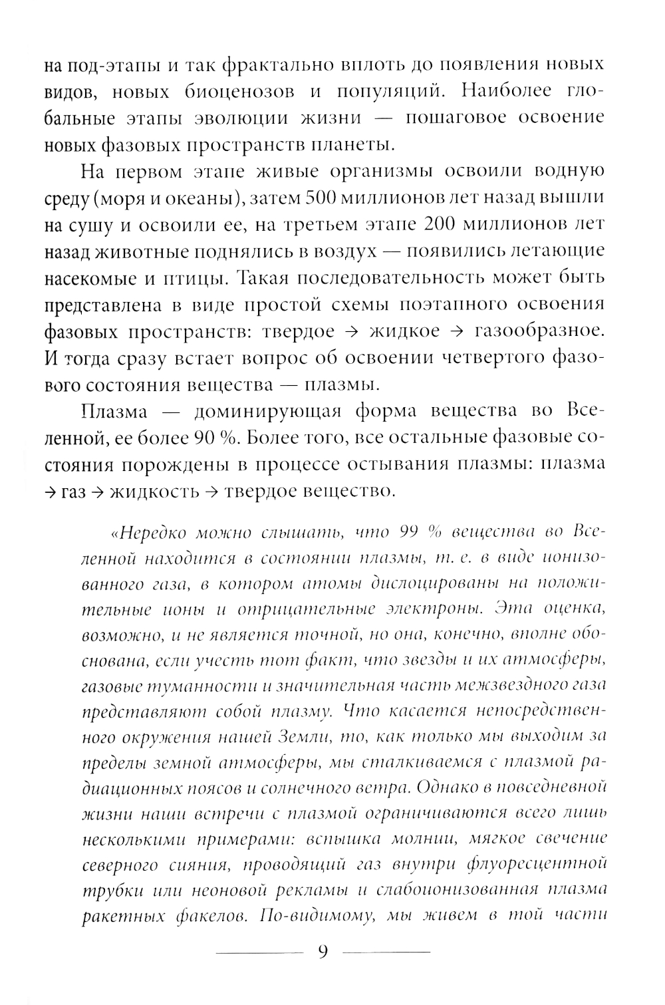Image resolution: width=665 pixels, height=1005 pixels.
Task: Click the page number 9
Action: pyautogui.click(x=323, y=952)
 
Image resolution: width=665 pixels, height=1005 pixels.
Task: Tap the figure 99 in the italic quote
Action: pyautogui.click(x=410, y=532)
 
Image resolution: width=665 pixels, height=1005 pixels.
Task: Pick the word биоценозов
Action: pyautogui.click(x=231, y=92)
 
